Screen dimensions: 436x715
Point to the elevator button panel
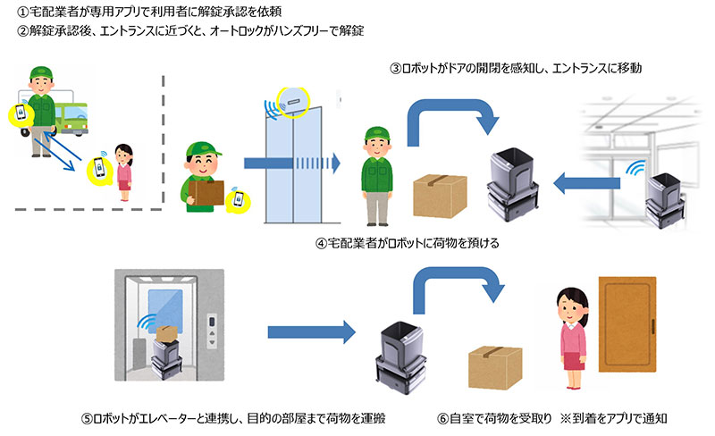coord(211,330)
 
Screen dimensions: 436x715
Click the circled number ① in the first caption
coord(11,11)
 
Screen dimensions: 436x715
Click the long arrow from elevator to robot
coord(310,333)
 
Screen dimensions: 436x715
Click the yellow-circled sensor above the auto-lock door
coord(292,101)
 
